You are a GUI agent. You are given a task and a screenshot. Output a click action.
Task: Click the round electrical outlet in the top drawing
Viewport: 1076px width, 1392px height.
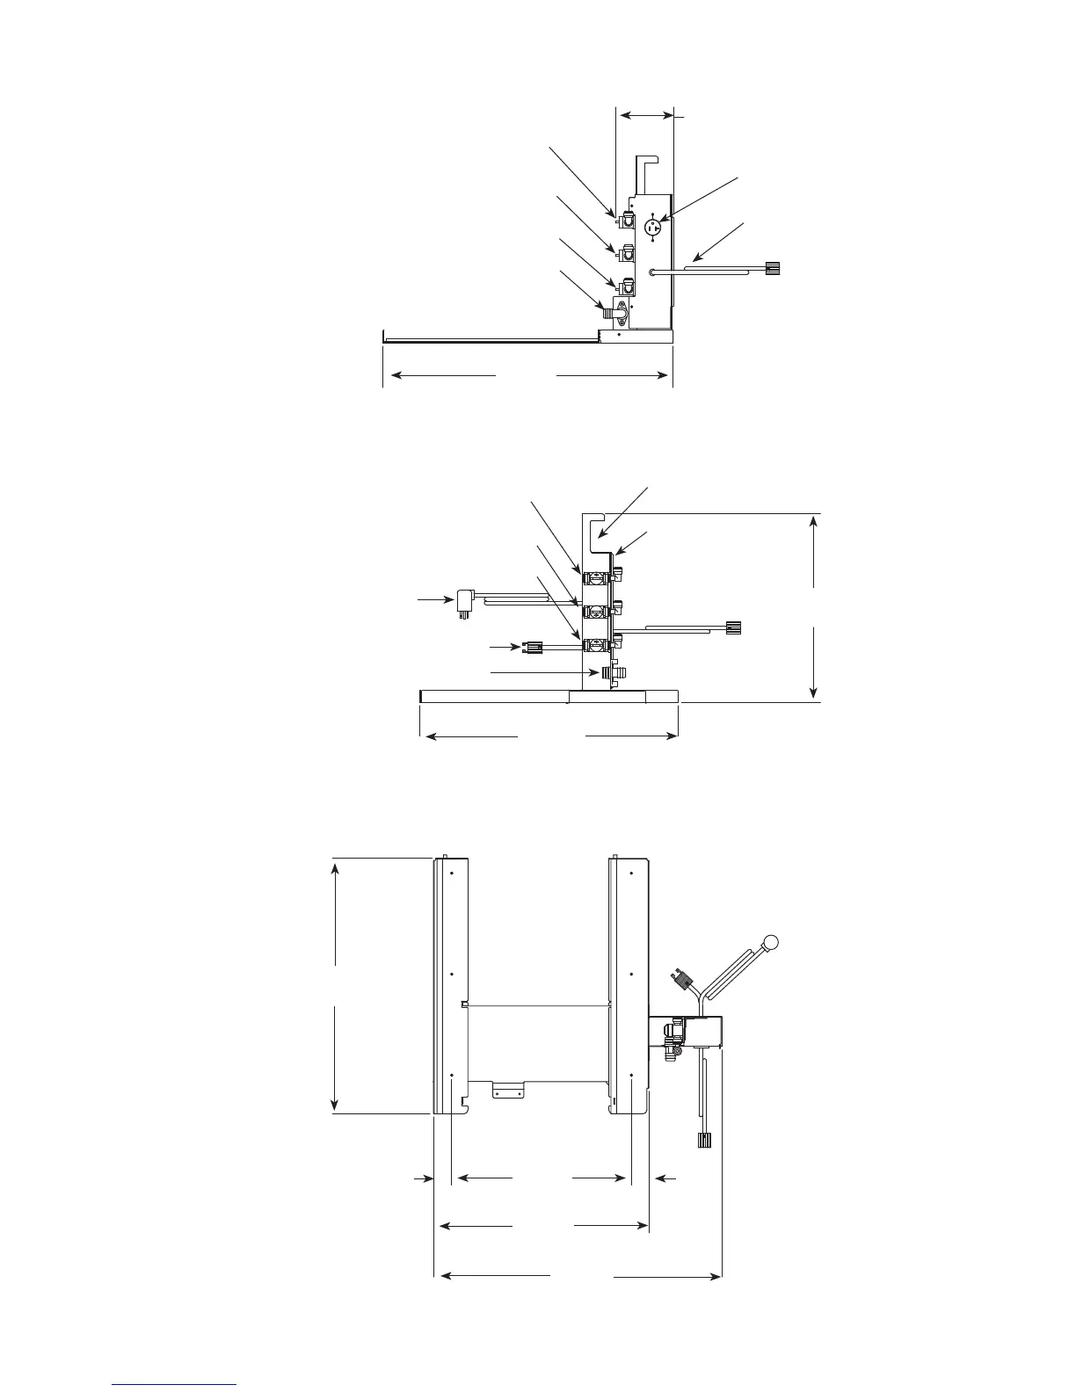click(653, 228)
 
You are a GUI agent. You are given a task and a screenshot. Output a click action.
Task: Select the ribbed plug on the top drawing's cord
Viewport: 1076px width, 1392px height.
click(774, 267)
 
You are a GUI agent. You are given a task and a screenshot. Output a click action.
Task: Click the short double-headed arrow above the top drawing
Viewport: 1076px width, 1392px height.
click(645, 114)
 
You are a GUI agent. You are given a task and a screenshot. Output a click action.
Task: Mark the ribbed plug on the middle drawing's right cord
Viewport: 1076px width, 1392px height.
click(735, 627)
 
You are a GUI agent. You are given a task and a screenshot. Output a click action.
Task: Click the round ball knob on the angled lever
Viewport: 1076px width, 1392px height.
click(771, 943)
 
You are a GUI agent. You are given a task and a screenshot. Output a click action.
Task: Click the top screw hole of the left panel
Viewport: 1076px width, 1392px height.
click(451, 874)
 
